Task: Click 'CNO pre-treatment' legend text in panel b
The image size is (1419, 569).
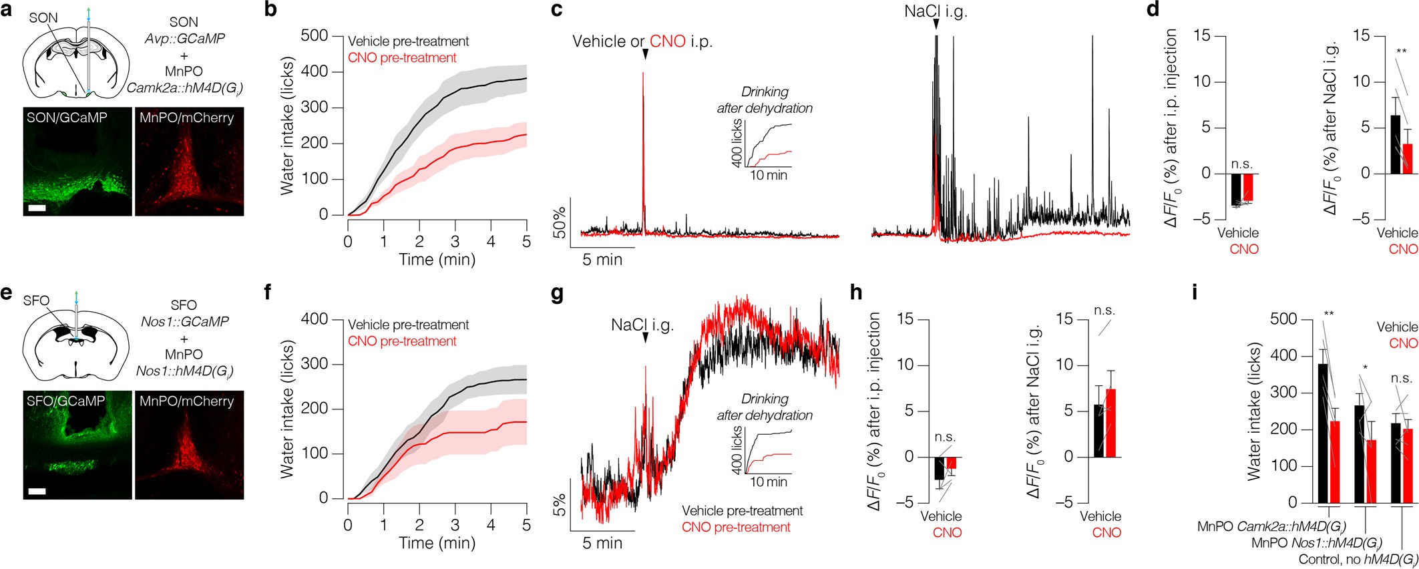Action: coord(402,58)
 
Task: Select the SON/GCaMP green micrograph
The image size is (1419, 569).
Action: coord(77,162)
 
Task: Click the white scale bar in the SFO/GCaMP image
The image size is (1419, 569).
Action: coord(37,492)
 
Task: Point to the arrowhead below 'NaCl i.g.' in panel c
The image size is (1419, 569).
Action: coord(936,25)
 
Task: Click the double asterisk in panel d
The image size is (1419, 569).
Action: coord(1401,52)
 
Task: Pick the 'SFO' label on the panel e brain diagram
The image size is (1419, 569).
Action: coord(36,301)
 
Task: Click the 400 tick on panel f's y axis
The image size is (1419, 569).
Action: coord(315,319)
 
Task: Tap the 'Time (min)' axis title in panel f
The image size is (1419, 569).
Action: coord(437,543)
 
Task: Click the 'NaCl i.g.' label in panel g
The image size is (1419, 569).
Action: coord(642,325)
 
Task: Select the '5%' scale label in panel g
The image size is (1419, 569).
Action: coord(560,506)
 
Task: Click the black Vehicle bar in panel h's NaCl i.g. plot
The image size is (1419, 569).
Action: coord(1098,431)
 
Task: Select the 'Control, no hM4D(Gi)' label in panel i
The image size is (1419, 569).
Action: coord(1358,560)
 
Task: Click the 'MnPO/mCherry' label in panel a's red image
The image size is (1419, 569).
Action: coord(187,118)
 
